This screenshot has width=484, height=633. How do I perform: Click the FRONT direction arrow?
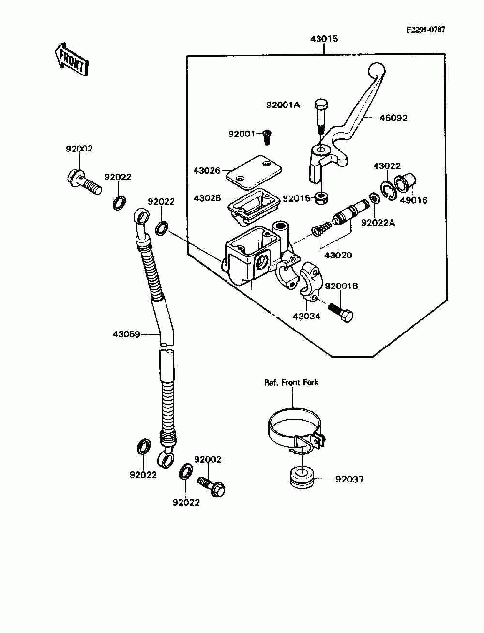click(72, 60)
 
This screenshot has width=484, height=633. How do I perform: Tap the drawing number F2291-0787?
click(426, 30)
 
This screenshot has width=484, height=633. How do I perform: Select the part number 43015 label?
click(324, 39)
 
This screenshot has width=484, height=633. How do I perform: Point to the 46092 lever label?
click(393, 118)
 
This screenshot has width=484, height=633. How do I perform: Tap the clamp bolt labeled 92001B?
click(341, 312)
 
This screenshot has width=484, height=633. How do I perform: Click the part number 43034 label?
click(306, 316)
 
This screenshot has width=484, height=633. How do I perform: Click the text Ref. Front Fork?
click(291, 382)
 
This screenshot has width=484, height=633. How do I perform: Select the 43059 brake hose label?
click(126, 334)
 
